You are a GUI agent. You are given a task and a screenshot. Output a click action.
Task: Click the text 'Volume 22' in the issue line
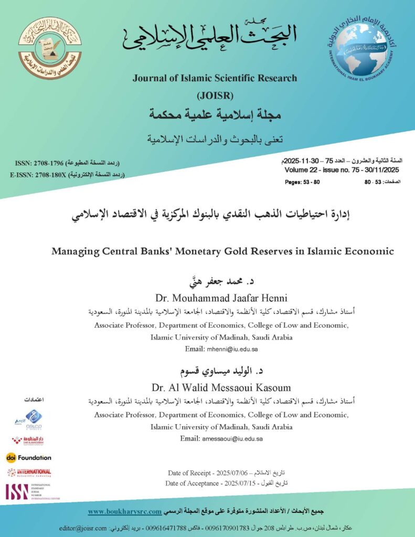click(x=301, y=170)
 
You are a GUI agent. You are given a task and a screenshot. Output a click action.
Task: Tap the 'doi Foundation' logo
click(x=29, y=457)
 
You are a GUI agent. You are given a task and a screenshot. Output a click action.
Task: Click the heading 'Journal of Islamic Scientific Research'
click(x=215, y=78)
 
